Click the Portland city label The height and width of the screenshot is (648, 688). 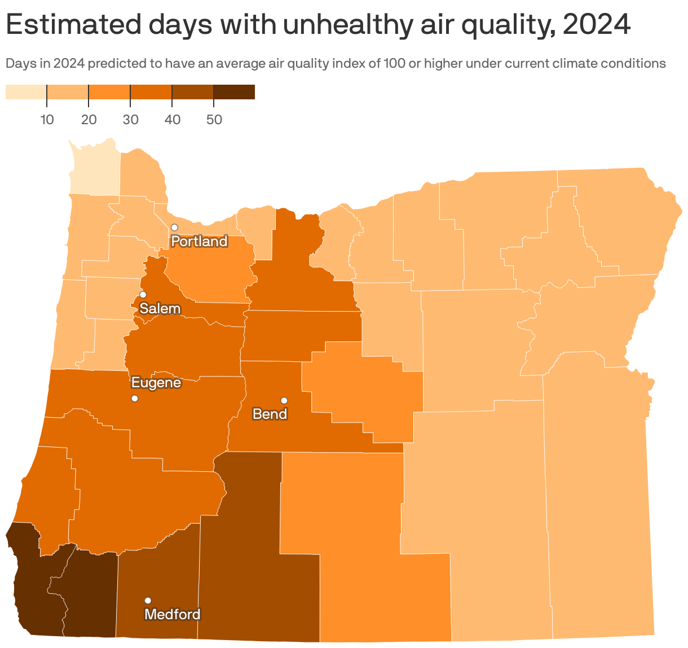pyautogui.click(x=199, y=242)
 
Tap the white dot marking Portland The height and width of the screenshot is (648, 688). pyautogui.click(x=174, y=227)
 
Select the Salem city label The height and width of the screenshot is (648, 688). pyautogui.click(x=160, y=309)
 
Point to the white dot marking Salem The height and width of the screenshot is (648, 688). pyautogui.click(x=143, y=295)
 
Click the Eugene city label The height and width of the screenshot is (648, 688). pyautogui.click(x=156, y=383)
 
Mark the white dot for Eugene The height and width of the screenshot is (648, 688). pyautogui.click(x=135, y=399)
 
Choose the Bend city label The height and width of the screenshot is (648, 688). pyautogui.click(x=270, y=414)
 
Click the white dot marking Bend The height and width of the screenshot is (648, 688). pyautogui.click(x=284, y=401)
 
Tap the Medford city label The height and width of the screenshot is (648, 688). pyautogui.click(x=173, y=614)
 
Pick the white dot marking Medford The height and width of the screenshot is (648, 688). pyautogui.click(x=148, y=601)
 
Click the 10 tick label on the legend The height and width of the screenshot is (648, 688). pyautogui.click(x=47, y=120)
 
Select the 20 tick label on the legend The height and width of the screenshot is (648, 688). pyautogui.click(x=89, y=120)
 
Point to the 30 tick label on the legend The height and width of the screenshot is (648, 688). pyautogui.click(x=130, y=120)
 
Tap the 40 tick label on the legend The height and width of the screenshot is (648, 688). pyautogui.click(x=172, y=120)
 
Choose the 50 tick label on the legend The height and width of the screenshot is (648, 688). pyautogui.click(x=214, y=120)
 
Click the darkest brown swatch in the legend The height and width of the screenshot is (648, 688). pyautogui.click(x=234, y=92)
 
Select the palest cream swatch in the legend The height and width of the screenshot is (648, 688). pyautogui.click(x=26, y=92)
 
